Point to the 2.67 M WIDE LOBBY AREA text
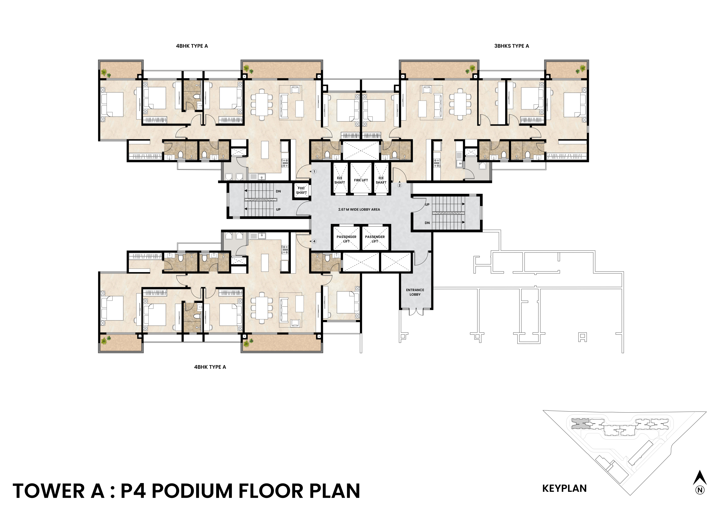tap(359, 209)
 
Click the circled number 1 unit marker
tap(314, 172)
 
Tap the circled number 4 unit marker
tap(314, 241)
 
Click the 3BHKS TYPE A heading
tap(512, 46)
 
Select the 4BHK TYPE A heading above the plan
tap(192, 46)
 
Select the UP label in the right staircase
tap(427, 205)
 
